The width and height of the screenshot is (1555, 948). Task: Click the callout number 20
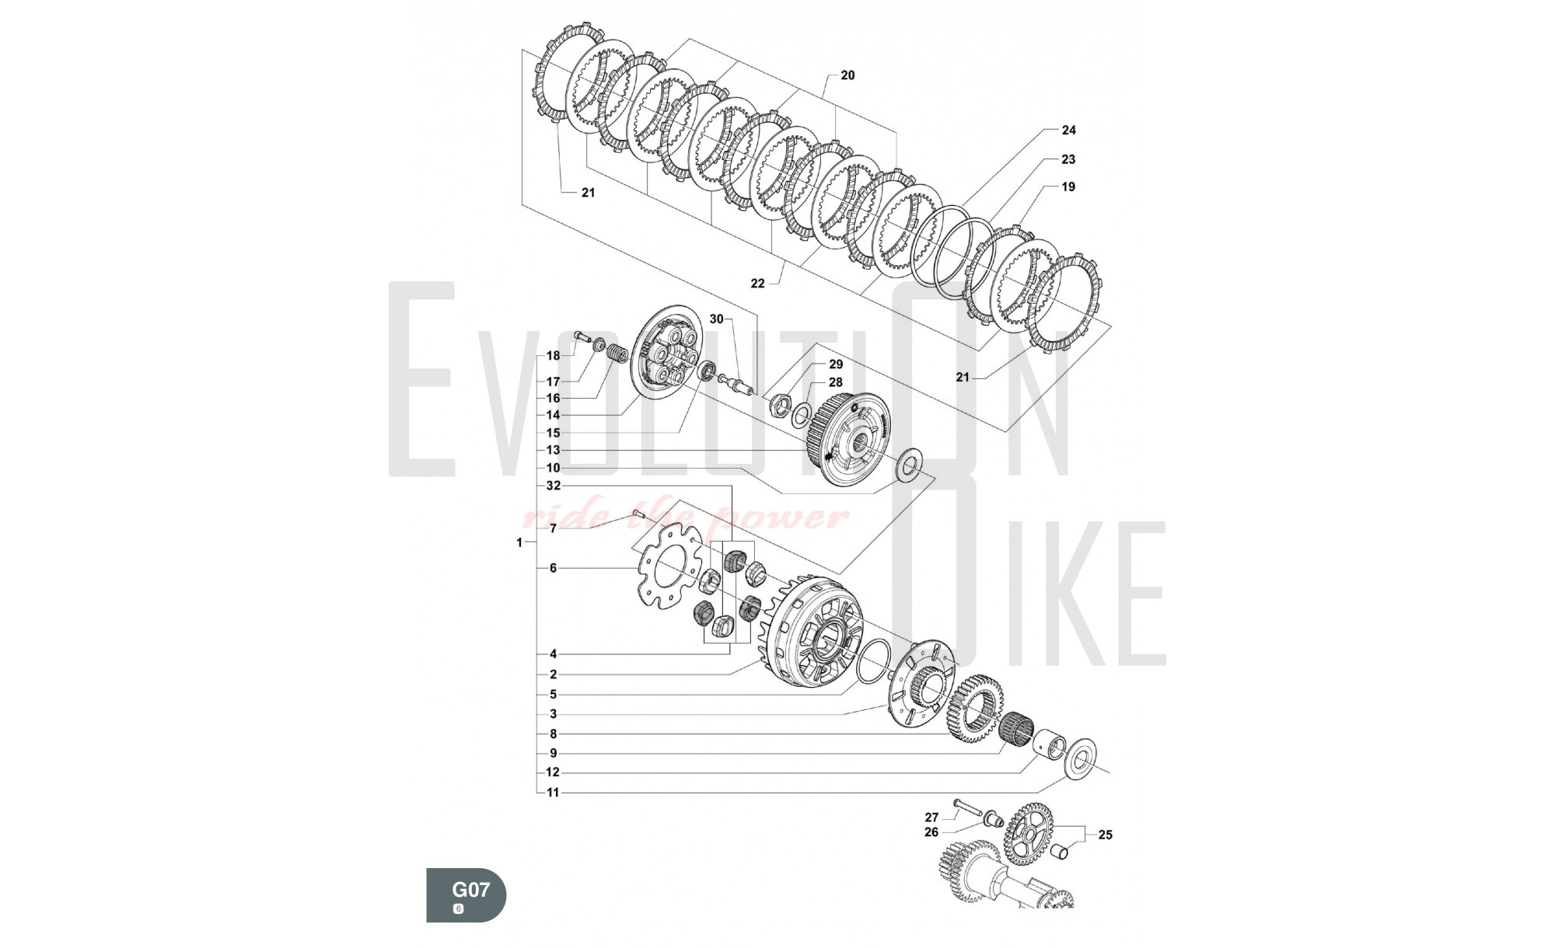847,75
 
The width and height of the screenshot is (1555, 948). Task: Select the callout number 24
1068,131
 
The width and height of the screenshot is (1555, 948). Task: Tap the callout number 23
1068,159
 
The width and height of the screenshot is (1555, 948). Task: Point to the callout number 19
1068,186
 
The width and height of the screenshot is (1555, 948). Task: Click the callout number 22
757,284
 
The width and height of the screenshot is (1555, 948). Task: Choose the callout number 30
716,319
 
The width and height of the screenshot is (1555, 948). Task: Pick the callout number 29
836,364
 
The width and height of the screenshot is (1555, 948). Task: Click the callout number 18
553,356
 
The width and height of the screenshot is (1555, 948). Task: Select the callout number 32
553,486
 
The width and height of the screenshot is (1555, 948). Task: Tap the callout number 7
553,528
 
